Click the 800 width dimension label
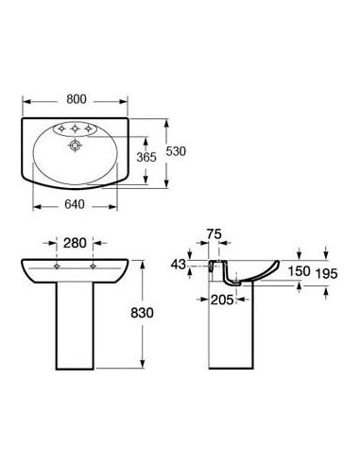(x=77, y=99)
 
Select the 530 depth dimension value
(x=176, y=151)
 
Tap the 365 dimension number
(x=146, y=157)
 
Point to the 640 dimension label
(x=75, y=204)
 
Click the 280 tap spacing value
(x=75, y=243)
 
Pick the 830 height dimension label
(x=142, y=313)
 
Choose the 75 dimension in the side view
(x=214, y=234)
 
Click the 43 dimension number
(x=179, y=265)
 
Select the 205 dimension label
(x=222, y=300)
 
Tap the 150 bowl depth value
(x=300, y=271)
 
